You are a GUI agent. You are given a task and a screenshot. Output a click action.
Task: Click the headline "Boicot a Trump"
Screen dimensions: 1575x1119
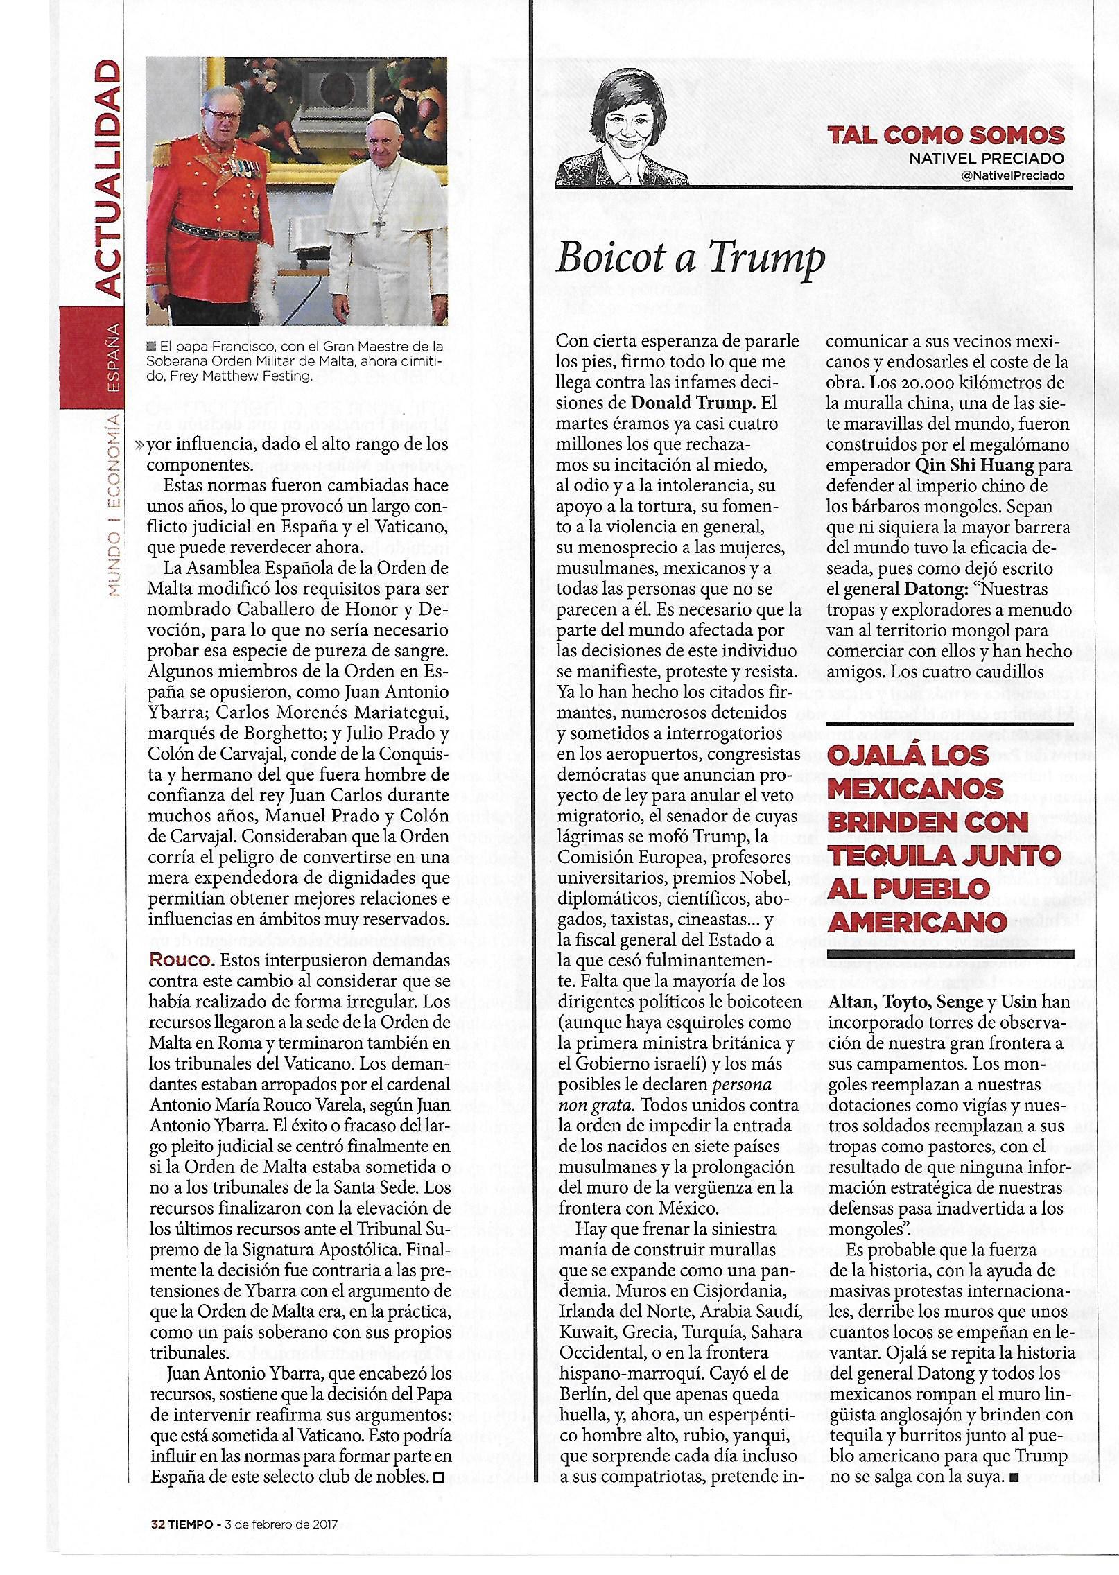click(691, 259)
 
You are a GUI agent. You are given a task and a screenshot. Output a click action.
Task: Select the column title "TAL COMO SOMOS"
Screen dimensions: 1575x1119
click(946, 134)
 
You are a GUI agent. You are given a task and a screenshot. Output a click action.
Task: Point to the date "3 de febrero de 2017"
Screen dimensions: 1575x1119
click(280, 1524)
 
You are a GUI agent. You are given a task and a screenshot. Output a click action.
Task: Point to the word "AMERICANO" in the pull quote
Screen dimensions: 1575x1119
click(918, 922)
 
